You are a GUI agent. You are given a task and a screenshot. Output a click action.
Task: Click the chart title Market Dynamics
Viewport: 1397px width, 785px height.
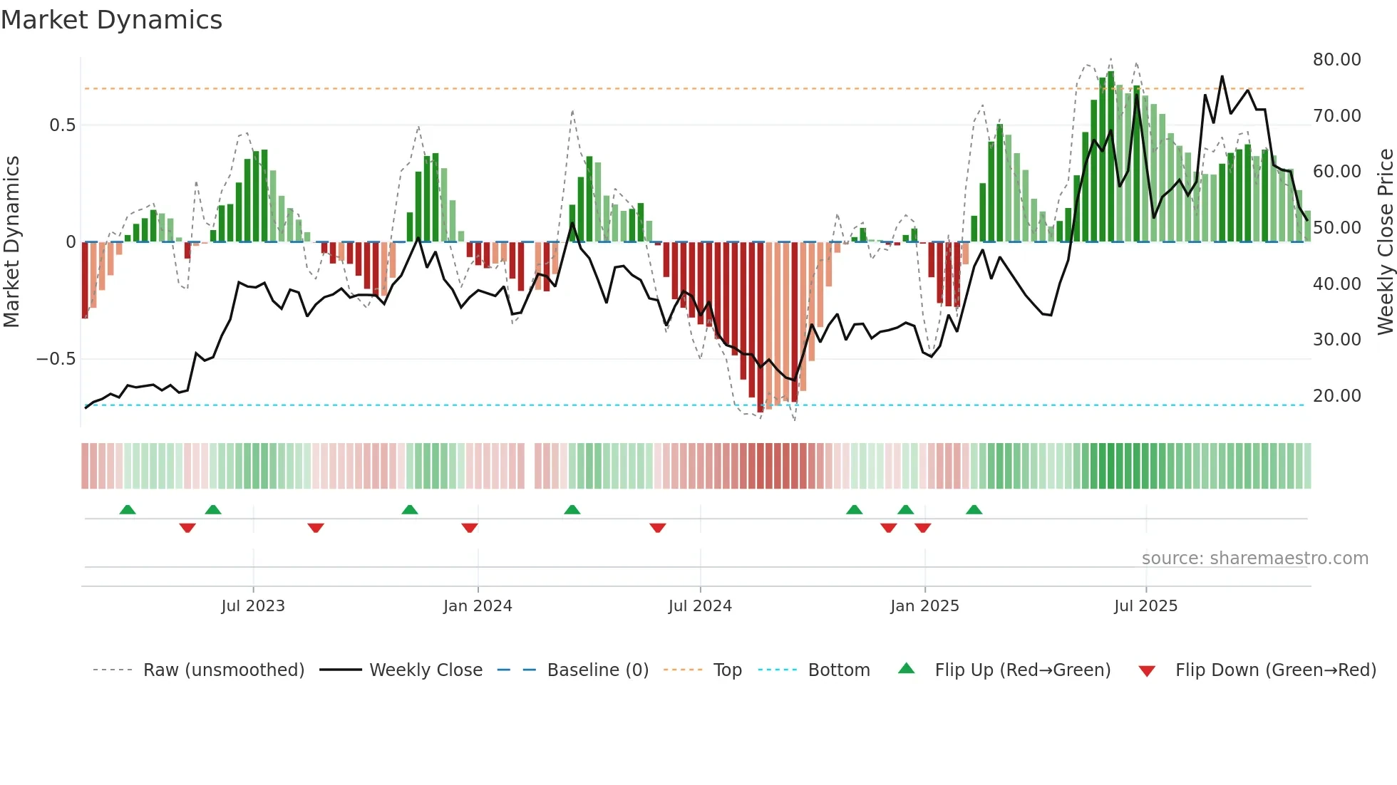111,20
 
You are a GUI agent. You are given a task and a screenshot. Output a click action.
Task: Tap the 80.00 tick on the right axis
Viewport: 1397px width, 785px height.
1336,60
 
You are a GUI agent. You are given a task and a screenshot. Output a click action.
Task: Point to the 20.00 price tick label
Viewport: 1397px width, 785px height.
1336,396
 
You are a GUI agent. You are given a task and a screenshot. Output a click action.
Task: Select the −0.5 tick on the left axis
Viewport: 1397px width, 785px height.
56,359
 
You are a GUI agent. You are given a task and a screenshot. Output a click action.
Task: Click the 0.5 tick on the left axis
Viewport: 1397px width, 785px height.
62,125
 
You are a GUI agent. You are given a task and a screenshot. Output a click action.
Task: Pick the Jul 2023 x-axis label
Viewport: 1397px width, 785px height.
253,606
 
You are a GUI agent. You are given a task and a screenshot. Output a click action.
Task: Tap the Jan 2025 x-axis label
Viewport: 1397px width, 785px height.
924,606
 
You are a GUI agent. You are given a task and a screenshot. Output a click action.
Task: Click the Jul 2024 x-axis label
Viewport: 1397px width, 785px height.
700,606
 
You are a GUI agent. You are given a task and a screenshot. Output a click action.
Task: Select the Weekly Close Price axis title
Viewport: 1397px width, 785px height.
1385,242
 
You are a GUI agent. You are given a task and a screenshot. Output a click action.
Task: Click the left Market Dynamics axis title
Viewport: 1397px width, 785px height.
11,242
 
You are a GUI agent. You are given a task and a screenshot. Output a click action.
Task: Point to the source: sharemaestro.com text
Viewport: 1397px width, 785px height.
1254,558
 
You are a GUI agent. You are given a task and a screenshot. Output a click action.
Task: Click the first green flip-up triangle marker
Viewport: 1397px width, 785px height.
128,510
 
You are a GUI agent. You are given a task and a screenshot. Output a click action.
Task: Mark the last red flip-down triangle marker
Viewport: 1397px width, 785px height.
923,528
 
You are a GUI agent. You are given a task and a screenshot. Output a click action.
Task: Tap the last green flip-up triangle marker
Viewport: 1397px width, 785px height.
974,510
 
